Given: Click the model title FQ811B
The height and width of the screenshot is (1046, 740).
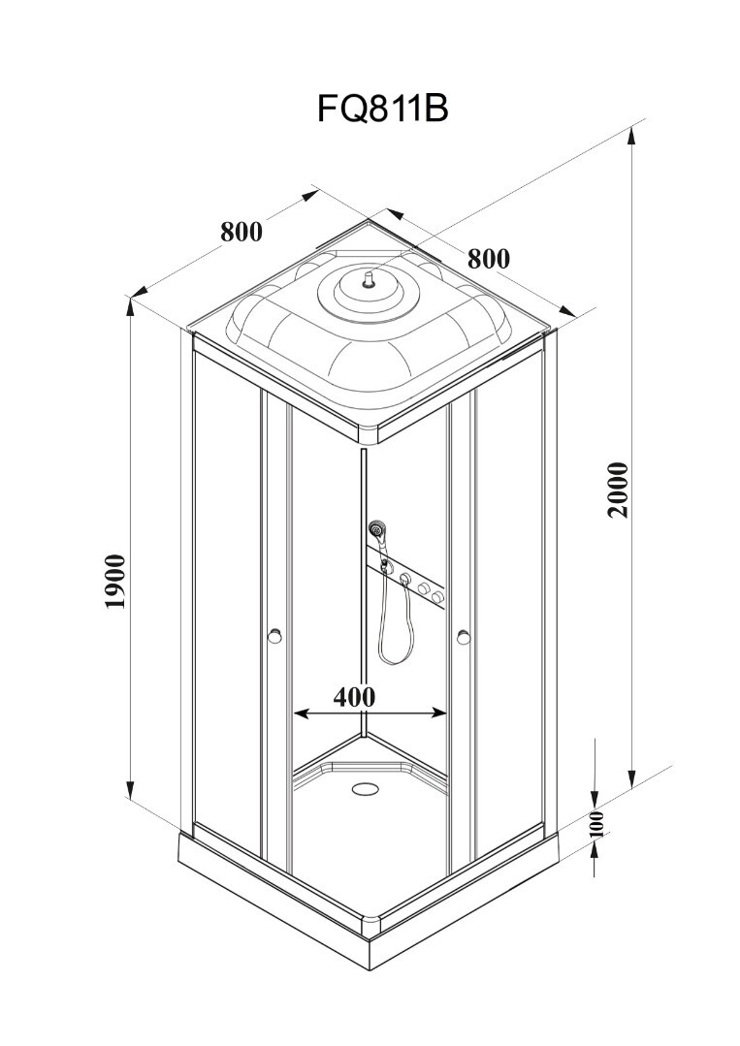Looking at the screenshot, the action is (x=382, y=108).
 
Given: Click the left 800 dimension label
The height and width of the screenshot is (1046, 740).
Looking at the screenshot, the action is (x=241, y=232).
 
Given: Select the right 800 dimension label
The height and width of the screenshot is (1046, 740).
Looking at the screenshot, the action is (x=488, y=258).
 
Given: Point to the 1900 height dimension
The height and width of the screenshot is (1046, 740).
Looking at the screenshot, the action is (x=114, y=581).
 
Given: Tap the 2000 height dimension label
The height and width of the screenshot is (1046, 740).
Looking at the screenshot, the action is (x=618, y=490).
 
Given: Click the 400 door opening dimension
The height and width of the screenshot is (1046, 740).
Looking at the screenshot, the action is (x=354, y=696).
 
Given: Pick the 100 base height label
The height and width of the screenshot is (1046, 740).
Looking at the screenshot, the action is (x=597, y=825).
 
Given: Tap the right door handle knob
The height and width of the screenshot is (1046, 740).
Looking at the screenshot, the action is (x=464, y=638).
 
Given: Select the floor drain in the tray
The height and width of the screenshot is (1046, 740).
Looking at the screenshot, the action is (x=366, y=788).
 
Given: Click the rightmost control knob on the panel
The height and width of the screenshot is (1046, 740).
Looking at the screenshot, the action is (x=438, y=596).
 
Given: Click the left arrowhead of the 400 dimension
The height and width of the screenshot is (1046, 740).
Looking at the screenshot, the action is (x=301, y=713).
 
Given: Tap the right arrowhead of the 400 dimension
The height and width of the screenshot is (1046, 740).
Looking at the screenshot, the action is (x=439, y=713).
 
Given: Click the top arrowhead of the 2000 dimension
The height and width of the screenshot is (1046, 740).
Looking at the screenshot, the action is (x=631, y=138).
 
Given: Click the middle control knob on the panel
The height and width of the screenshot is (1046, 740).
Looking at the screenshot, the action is (x=423, y=588).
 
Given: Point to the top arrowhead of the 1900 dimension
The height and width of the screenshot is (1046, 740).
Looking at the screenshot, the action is (x=131, y=307).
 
